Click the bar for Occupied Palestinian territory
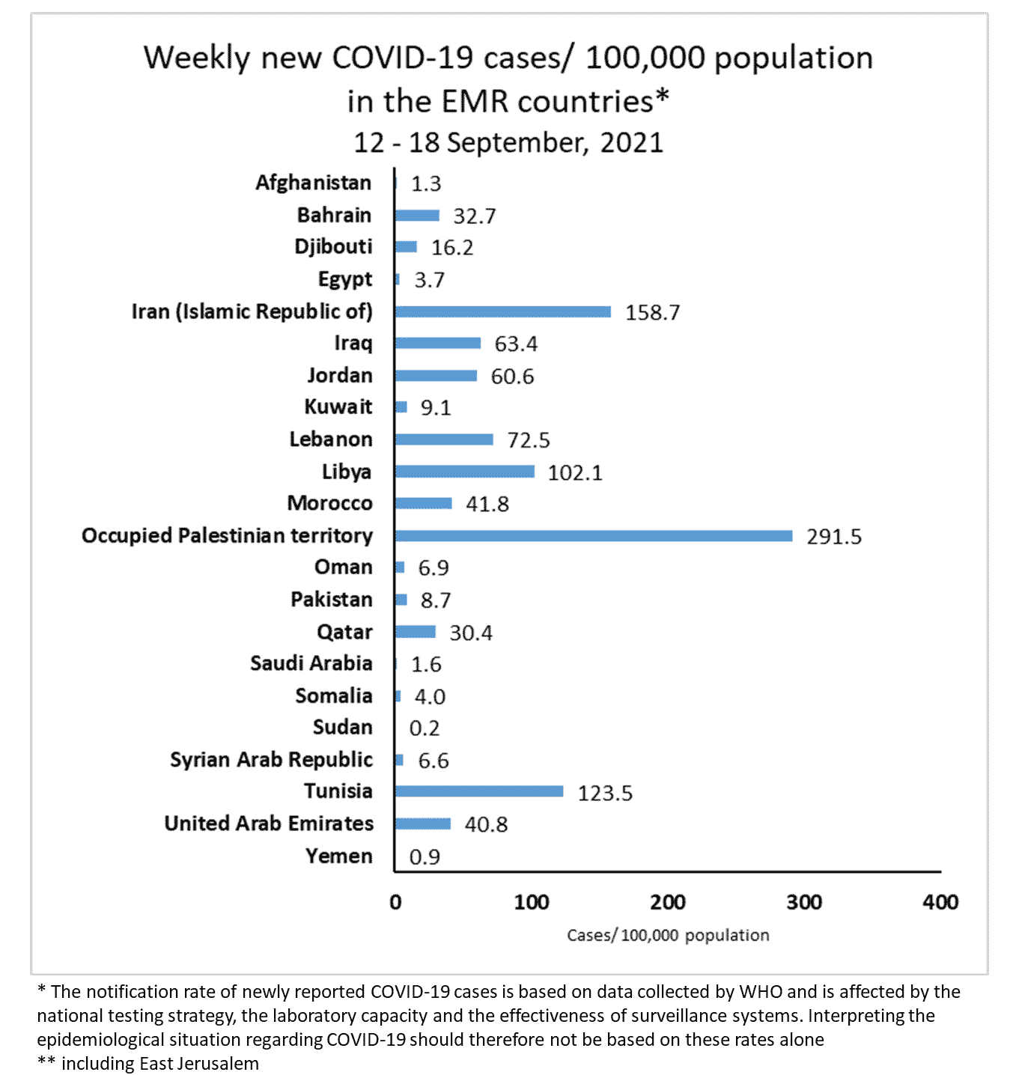click(x=593, y=535)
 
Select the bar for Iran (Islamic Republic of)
click(x=502, y=311)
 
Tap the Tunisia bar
click(x=478, y=791)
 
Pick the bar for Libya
click(x=464, y=472)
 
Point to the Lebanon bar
click(x=443, y=439)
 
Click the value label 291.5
click(x=833, y=537)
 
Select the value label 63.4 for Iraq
click(x=516, y=344)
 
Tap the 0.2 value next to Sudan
click(x=425, y=728)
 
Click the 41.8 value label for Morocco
click(x=487, y=504)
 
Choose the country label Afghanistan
click(x=313, y=183)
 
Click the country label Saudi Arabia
click(x=311, y=663)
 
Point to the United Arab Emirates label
click(x=269, y=823)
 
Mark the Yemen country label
click(x=338, y=856)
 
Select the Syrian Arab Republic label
click(x=271, y=760)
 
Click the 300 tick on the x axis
click(x=804, y=902)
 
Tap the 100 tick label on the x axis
click(x=532, y=902)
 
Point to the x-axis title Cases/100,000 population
click(x=668, y=935)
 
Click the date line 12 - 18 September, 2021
click(x=508, y=142)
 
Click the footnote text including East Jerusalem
click(x=159, y=1064)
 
